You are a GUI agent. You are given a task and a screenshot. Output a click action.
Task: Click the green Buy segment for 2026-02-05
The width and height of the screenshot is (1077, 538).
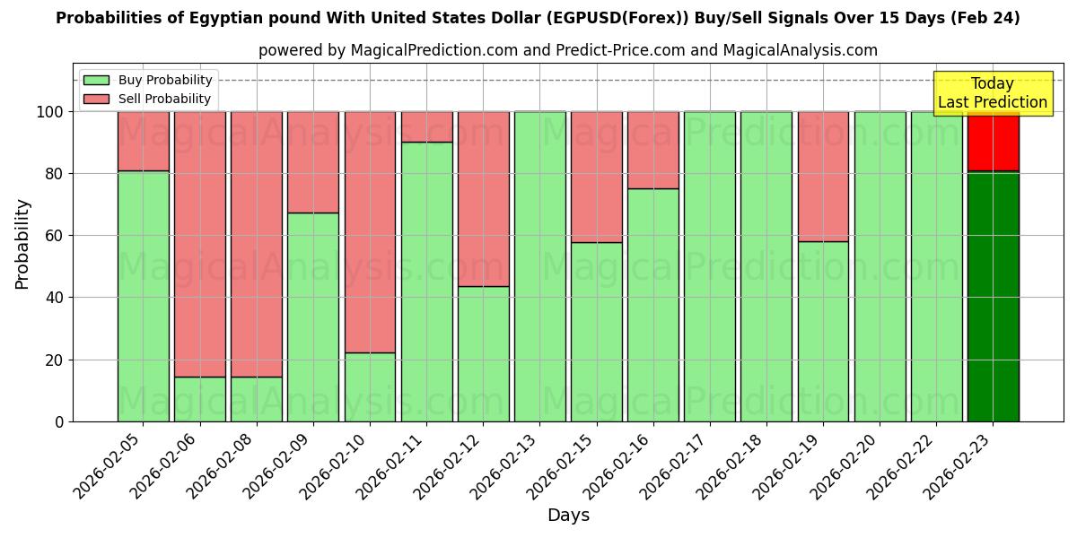[x=143, y=296]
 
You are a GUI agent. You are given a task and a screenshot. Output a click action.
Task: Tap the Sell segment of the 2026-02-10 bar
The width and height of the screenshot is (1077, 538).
[x=370, y=231]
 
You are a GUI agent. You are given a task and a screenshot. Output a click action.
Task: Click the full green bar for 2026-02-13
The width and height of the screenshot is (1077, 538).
[x=539, y=266]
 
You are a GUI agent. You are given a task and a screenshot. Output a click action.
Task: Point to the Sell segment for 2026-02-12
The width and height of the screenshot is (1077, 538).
[x=483, y=199]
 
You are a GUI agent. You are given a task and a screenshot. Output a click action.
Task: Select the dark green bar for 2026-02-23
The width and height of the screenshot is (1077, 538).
[x=993, y=296]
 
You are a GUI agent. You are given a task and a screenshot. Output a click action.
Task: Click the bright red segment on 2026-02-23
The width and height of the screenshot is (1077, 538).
[x=993, y=141]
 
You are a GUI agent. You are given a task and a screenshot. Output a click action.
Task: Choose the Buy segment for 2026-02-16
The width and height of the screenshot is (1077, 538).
[x=652, y=305]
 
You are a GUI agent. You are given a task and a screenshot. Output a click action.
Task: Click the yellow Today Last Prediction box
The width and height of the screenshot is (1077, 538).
[x=992, y=93]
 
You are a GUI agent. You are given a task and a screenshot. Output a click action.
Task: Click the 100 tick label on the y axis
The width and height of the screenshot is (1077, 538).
[x=49, y=112]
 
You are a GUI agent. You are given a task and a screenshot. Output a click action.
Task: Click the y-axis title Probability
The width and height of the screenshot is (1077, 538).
[x=23, y=243]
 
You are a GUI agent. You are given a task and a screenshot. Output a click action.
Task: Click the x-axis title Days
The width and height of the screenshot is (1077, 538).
[x=568, y=515]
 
